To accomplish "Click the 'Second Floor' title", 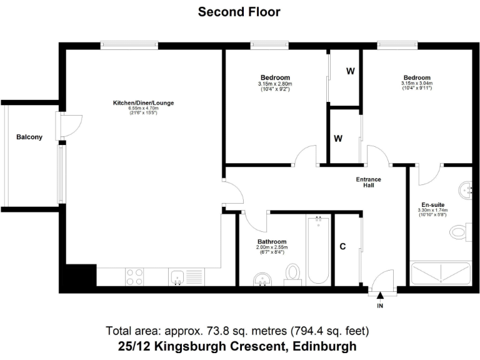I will (x=239, y=11).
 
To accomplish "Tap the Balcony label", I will (x=29, y=137).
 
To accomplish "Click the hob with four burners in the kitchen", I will (x=134, y=276).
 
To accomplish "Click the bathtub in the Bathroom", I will (x=319, y=250).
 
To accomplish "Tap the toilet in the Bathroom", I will (x=292, y=273).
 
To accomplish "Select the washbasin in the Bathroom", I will (x=262, y=279).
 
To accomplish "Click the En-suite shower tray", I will (x=440, y=273).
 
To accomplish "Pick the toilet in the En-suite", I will (x=459, y=233).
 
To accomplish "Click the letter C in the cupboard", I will (x=342, y=246).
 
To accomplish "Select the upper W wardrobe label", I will (x=351, y=71).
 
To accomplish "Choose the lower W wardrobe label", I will (x=337, y=138).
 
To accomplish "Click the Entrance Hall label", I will (x=368, y=182).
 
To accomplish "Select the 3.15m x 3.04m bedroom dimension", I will (x=417, y=84).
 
